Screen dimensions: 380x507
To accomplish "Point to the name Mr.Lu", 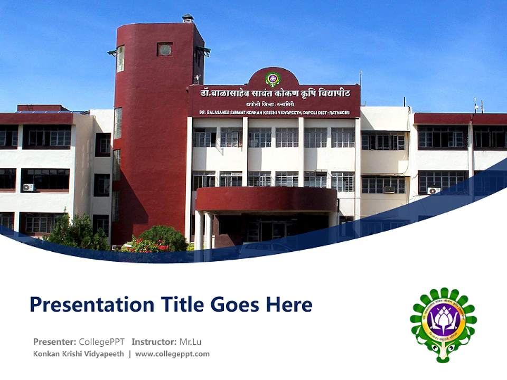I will coord(190,341).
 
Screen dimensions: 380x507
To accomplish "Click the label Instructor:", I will coord(154,341).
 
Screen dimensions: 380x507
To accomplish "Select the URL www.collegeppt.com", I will coord(172,354).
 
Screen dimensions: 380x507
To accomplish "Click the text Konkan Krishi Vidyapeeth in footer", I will coord(79,354).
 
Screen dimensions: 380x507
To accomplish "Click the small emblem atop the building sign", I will coord(273,79).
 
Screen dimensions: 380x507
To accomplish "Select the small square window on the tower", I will coord(164,50).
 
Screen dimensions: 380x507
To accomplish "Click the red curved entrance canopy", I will coord(266,199).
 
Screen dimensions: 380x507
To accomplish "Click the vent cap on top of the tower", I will coord(187,18).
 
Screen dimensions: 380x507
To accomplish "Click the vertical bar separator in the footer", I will coord(129,354).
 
